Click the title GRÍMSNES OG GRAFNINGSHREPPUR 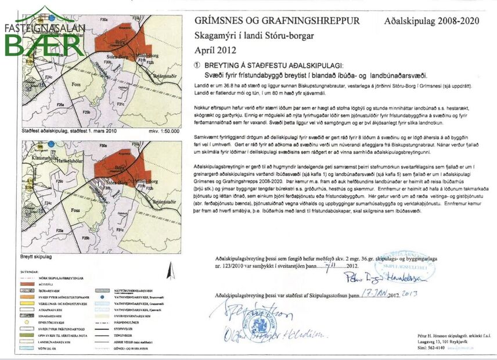tap(277, 21)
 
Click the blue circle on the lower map tap(52, 143)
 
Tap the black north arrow tap(170, 271)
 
